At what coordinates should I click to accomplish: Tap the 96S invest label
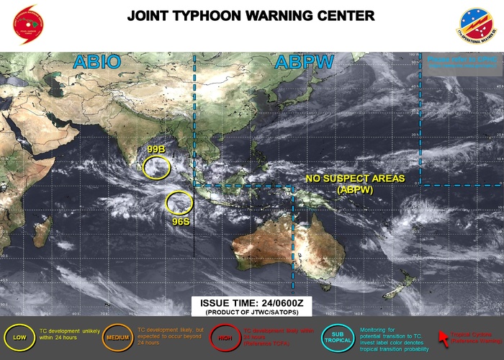180,222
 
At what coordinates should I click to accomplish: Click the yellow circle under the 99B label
156,167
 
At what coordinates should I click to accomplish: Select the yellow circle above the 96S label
179,202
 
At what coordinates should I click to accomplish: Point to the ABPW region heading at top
305,63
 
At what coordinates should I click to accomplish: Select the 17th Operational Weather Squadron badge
477,27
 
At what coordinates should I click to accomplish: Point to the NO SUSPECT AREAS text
354,178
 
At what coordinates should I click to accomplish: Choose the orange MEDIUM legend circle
116,337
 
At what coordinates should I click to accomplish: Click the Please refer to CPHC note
457,62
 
